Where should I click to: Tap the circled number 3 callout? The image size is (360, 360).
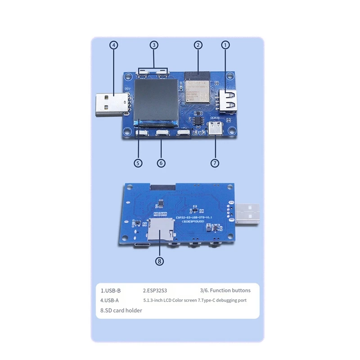tap(154, 45)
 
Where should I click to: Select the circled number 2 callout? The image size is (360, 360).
tap(198, 45)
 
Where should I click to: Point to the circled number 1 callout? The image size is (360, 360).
tap(225, 45)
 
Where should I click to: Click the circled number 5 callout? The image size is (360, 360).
tap(138, 163)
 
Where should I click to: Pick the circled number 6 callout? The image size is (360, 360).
tap(161, 163)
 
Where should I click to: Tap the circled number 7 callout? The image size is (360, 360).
tap(215, 163)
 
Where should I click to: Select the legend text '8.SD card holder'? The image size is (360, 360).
tap(121, 310)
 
